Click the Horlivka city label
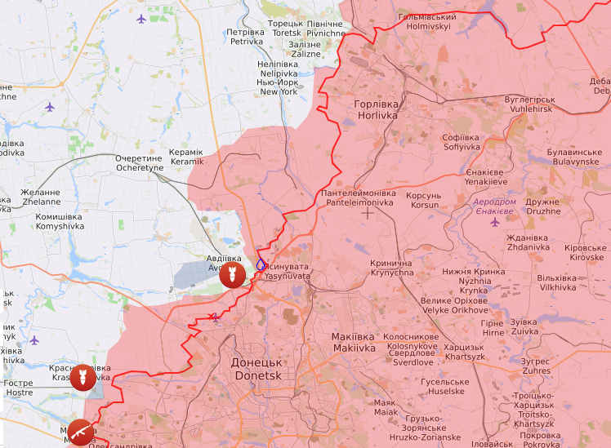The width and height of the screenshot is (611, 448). [x=376, y=110]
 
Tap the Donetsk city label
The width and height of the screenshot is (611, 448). [x=257, y=369]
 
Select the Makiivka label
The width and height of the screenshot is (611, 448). [x=354, y=342]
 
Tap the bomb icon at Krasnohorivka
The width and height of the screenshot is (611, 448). [x=82, y=378]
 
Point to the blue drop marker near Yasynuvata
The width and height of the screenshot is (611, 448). [x=261, y=264]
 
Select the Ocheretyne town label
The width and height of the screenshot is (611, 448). [x=140, y=162]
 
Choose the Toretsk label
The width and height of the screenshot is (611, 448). [x=284, y=29]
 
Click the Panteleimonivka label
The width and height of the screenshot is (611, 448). [x=358, y=197]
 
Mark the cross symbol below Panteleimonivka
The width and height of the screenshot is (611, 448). [x=368, y=213]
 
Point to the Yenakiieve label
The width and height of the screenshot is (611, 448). [x=486, y=177]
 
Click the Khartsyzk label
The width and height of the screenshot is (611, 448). [x=465, y=352]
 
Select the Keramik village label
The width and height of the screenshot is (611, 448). [x=186, y=157]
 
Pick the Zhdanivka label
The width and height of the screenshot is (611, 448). [x=528, y=242]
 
